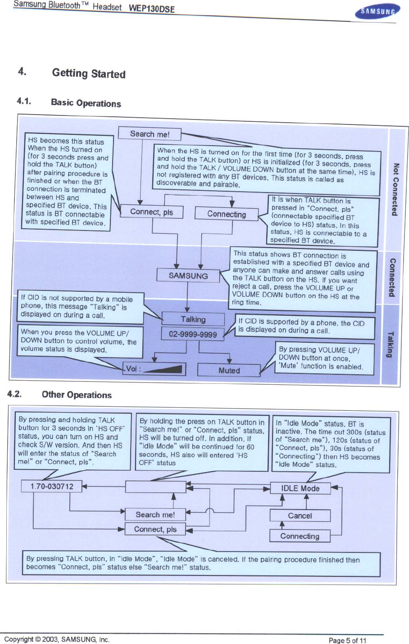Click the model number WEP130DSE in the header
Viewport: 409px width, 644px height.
point(152,9)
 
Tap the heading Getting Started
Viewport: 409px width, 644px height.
point(89,74)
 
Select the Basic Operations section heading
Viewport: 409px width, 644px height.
point(86,103)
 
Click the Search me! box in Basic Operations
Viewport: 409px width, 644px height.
point(150,134)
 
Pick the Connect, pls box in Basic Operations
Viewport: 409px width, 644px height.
point(152,212)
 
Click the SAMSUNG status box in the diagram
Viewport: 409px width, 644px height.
point(188,276)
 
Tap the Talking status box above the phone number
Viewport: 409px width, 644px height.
point(193,319)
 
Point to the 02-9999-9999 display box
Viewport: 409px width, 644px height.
point(193,334)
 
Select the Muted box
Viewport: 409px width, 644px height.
point(229,370)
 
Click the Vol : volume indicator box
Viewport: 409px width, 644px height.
point(155,369)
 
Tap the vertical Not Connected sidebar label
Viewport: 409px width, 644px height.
point(395,189)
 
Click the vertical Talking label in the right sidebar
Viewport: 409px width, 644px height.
point(390,344)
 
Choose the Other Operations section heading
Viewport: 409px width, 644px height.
point(77,395)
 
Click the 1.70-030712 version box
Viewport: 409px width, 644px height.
point(52,486)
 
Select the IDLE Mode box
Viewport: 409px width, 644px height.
point(300,488)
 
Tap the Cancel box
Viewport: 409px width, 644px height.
point(300,515)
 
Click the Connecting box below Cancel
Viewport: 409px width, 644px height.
point(300,536)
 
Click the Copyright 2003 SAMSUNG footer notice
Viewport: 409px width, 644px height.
point(57,639)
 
